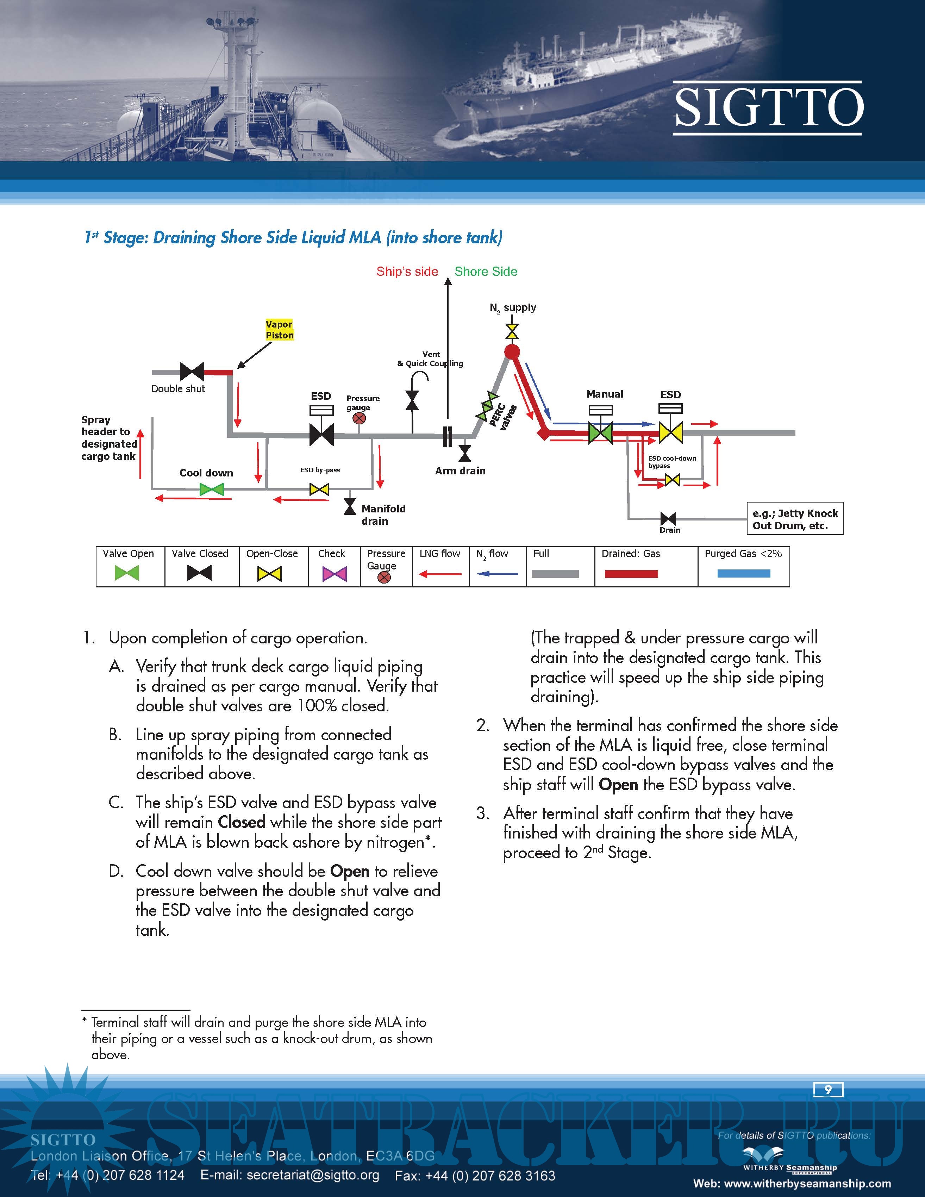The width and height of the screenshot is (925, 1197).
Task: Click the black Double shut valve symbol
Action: [192, 372]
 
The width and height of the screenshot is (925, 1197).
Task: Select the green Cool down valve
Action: [212, 489]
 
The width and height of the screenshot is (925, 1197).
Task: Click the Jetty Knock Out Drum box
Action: [795, 518]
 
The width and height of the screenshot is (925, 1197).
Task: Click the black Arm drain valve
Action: [465, 453]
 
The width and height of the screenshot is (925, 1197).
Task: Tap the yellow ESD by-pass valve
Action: [319, 489]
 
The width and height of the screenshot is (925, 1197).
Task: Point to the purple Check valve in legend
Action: [334, 574]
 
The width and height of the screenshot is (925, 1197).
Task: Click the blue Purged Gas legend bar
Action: [744, 573]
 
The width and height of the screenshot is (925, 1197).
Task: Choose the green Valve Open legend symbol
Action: [127, 573]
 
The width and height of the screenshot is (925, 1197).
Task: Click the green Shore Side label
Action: [486, 271]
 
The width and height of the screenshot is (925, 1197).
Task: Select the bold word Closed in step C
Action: [242, 822]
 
